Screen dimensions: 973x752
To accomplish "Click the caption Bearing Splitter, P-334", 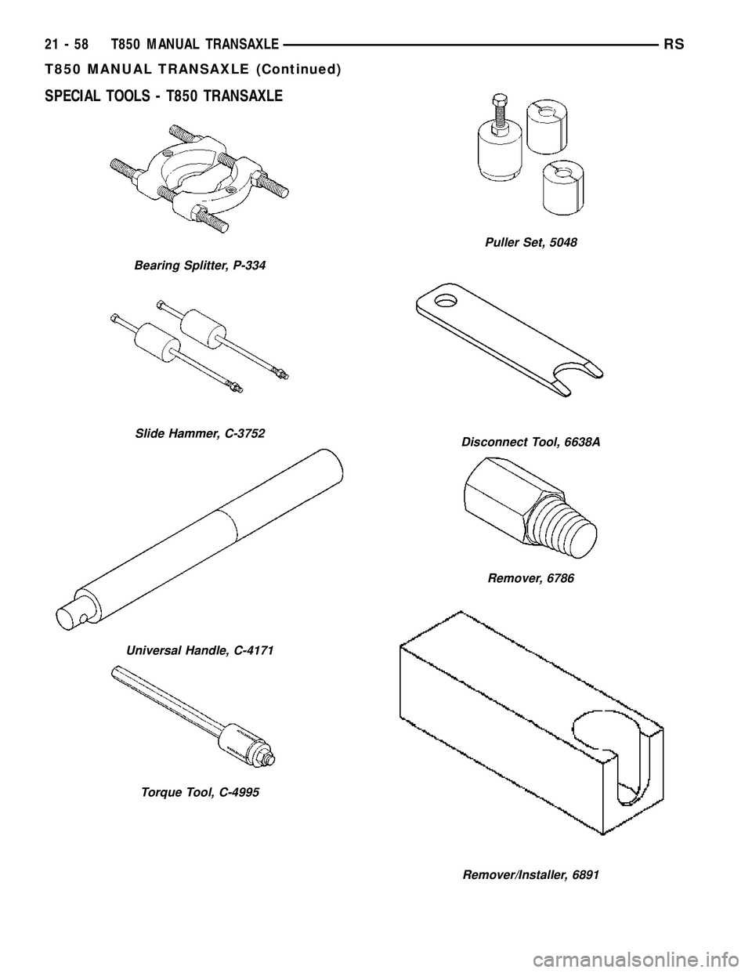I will (x=201, y=266).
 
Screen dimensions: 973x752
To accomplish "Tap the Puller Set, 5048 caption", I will (x=531, y=243).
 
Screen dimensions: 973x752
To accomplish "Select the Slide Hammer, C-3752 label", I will (x=200, y=433).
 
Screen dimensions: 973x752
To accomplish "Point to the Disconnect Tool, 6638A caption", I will (x=531, y=442).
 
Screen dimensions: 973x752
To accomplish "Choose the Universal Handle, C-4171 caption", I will (x=199, y=651).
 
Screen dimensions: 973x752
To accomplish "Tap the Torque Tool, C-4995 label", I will (x=201, y=792).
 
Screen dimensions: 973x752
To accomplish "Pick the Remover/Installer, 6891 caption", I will (x=531, y=874).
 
